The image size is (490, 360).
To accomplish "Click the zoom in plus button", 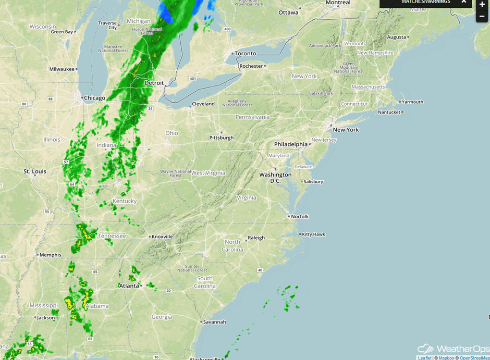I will click(482, 4).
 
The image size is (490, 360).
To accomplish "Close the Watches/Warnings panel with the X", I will click(463, 2).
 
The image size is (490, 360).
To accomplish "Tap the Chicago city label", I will click(94, 98).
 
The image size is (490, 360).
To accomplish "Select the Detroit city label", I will click(154, 83).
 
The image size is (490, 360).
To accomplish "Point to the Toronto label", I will click(245, 54).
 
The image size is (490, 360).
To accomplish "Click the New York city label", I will click(346, 130).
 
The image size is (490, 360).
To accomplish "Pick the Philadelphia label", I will click(291, 144).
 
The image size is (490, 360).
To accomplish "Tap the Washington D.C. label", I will click(275, 178).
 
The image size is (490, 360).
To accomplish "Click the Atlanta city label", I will click(129, 285).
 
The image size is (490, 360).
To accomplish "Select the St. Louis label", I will click(35, 171).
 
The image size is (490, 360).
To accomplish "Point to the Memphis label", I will click(50, 255).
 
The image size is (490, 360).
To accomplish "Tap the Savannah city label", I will click(214, 322).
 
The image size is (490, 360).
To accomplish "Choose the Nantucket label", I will click(389, 112).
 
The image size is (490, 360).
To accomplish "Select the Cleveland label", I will click(203, 104).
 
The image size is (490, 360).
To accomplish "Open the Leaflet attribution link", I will click(424, 358).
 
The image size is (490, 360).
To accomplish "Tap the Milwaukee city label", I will click(62, 69).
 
